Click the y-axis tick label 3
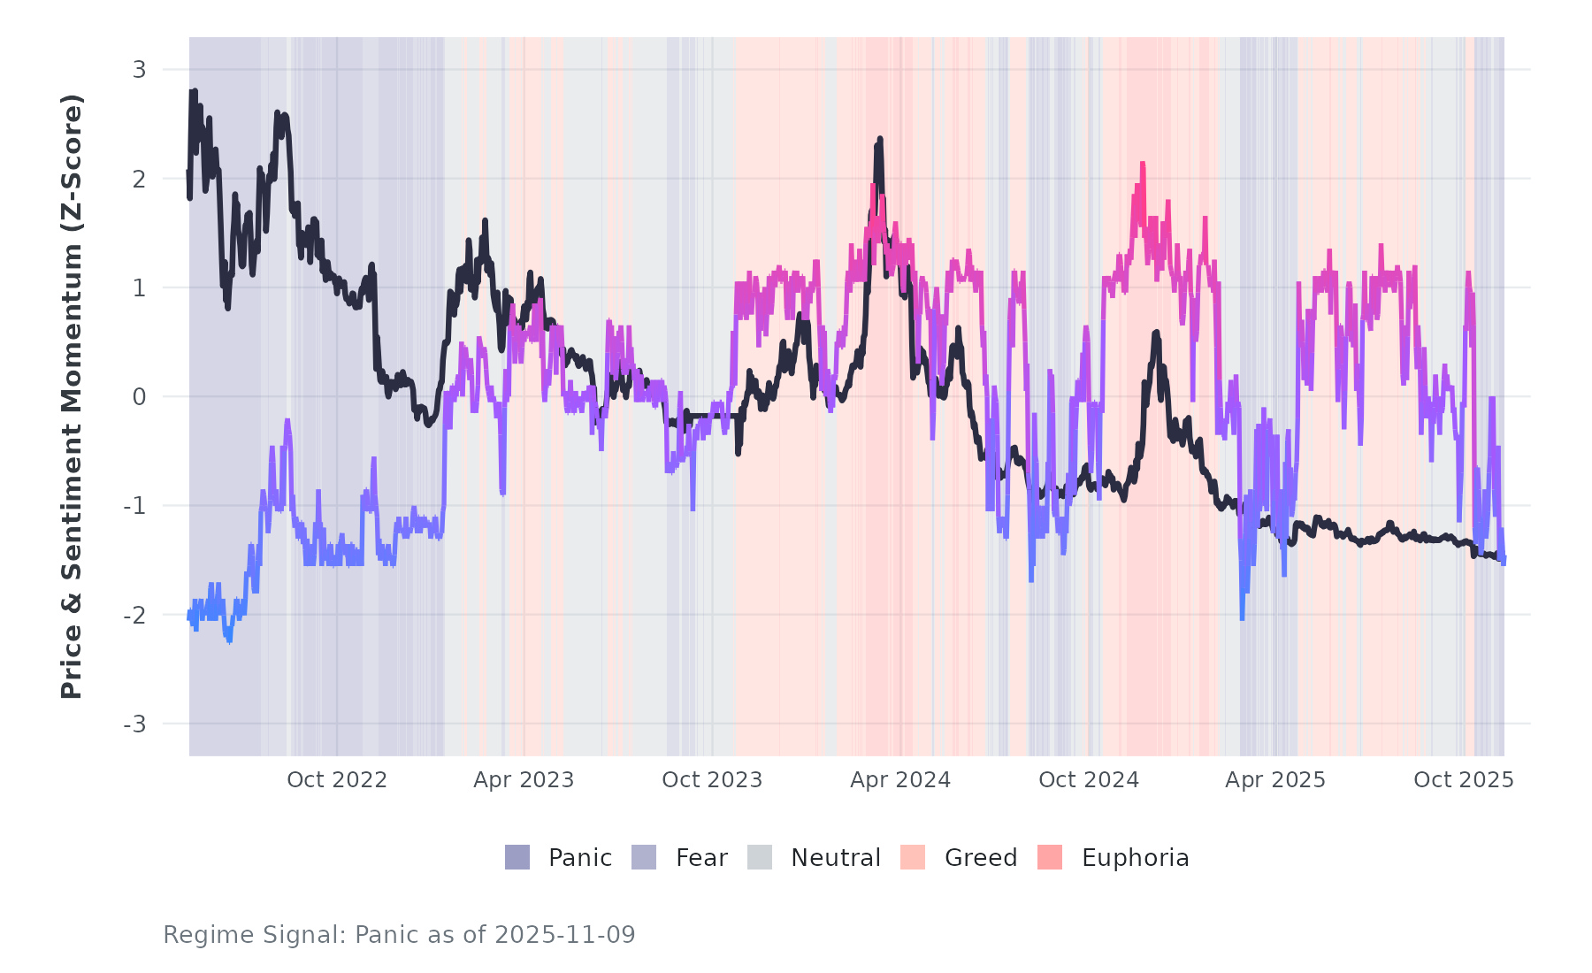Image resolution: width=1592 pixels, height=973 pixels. (x=139, y=70)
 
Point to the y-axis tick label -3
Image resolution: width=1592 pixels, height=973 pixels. (x=134, y=724)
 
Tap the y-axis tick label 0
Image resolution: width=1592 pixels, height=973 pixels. (x=139, y=397)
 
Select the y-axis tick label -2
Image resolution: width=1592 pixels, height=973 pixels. (x=134, y=616)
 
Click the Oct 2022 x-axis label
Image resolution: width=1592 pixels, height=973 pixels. (x=337, y=780)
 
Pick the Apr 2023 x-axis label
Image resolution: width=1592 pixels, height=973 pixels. (x=524, y=780)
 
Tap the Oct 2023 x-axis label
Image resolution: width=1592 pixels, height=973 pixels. (x=712, y=780)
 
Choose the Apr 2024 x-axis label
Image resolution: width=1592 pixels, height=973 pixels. (x=900, y=780)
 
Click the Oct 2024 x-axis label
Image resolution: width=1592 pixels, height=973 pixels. (x=1089, y=780)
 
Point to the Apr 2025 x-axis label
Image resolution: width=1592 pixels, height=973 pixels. (x=1275, y=780)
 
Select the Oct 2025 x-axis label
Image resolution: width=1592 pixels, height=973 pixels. (x=1464, y=780)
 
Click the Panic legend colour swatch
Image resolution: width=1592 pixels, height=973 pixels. (x=517, y=857)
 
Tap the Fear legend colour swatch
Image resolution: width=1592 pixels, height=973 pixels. (x=644, y=857)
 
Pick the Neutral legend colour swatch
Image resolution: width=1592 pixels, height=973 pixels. (x=760, y=857)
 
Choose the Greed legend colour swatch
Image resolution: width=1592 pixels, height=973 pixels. (x=913, y=857)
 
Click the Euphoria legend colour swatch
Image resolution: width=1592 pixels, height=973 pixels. (x=1050, y=857)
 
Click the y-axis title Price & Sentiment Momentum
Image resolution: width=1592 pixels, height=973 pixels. (x=72, y=396)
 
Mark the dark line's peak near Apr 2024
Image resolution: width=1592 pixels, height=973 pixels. (x=880, y=140)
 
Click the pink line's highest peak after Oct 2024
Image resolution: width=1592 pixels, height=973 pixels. (x=1143, y=164)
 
